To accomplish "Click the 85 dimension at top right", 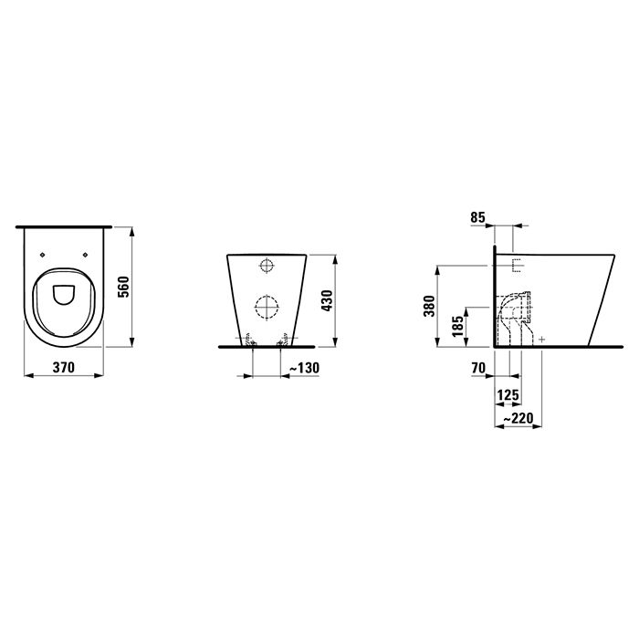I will [x=477, y=218].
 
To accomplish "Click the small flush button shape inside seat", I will [x=64, y=294].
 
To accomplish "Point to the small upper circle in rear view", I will [x=267, y=267].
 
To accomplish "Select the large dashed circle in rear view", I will [x=266, y=308].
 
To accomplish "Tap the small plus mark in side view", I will [x=542, y=339].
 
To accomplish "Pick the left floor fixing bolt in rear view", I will [x=250, y=341].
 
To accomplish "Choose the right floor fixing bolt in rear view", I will [x=282, y=341].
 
